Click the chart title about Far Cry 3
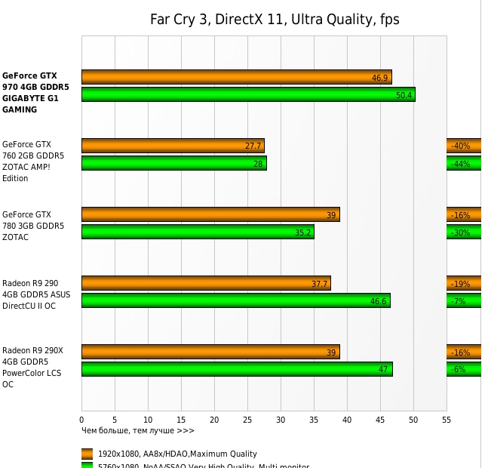click(x=275, y=20)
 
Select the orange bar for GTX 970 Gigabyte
click(x=236, y=77)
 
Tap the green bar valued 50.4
click(x=248, y=94)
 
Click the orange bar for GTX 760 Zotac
click(x=173, y=146)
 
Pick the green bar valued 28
click(x=173, y=163)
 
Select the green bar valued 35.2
click(x=197, y=232)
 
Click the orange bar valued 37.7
click(x=206, y=283)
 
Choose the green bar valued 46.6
click(x=235, y=300)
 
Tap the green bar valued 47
click(x=237, y=369)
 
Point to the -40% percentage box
click(x=463, y=146)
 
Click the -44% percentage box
click(x=463, y=163)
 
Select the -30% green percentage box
click(x=463, y=232)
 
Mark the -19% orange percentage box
click(x=463, y=283)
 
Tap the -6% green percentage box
click(x=463, y=369)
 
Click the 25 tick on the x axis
click(x=247, y=419)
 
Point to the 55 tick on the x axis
click(x=446, y=419)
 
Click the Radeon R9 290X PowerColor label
click(x=32, y=367)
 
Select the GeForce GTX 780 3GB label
click(x=32, y=226)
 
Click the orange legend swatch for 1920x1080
click(x=87, y=454)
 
